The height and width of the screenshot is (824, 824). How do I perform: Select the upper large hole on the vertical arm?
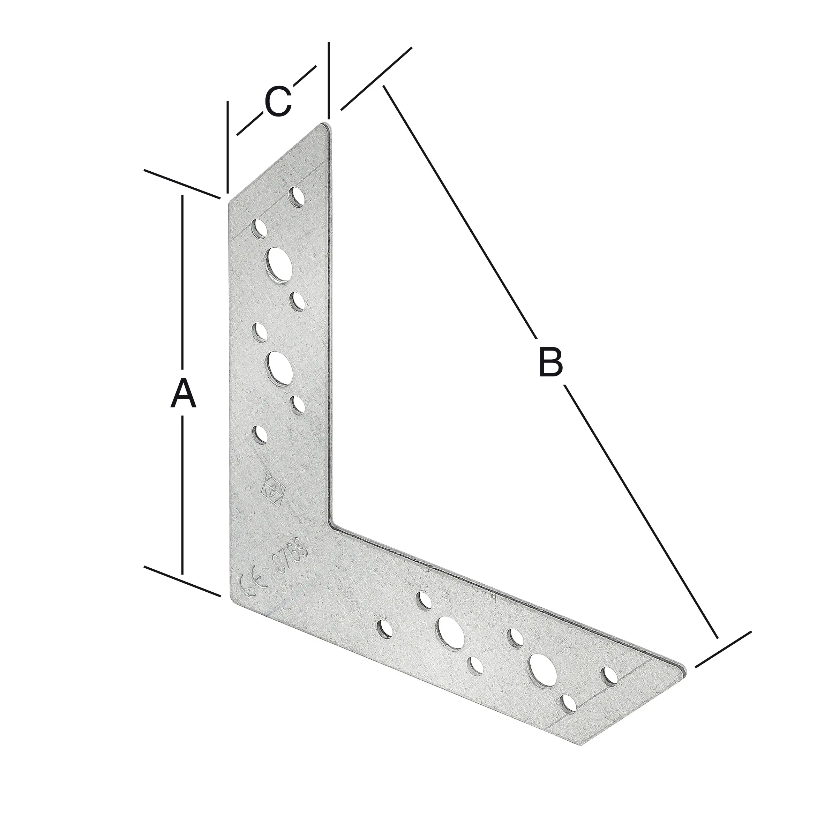click(280, 265)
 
